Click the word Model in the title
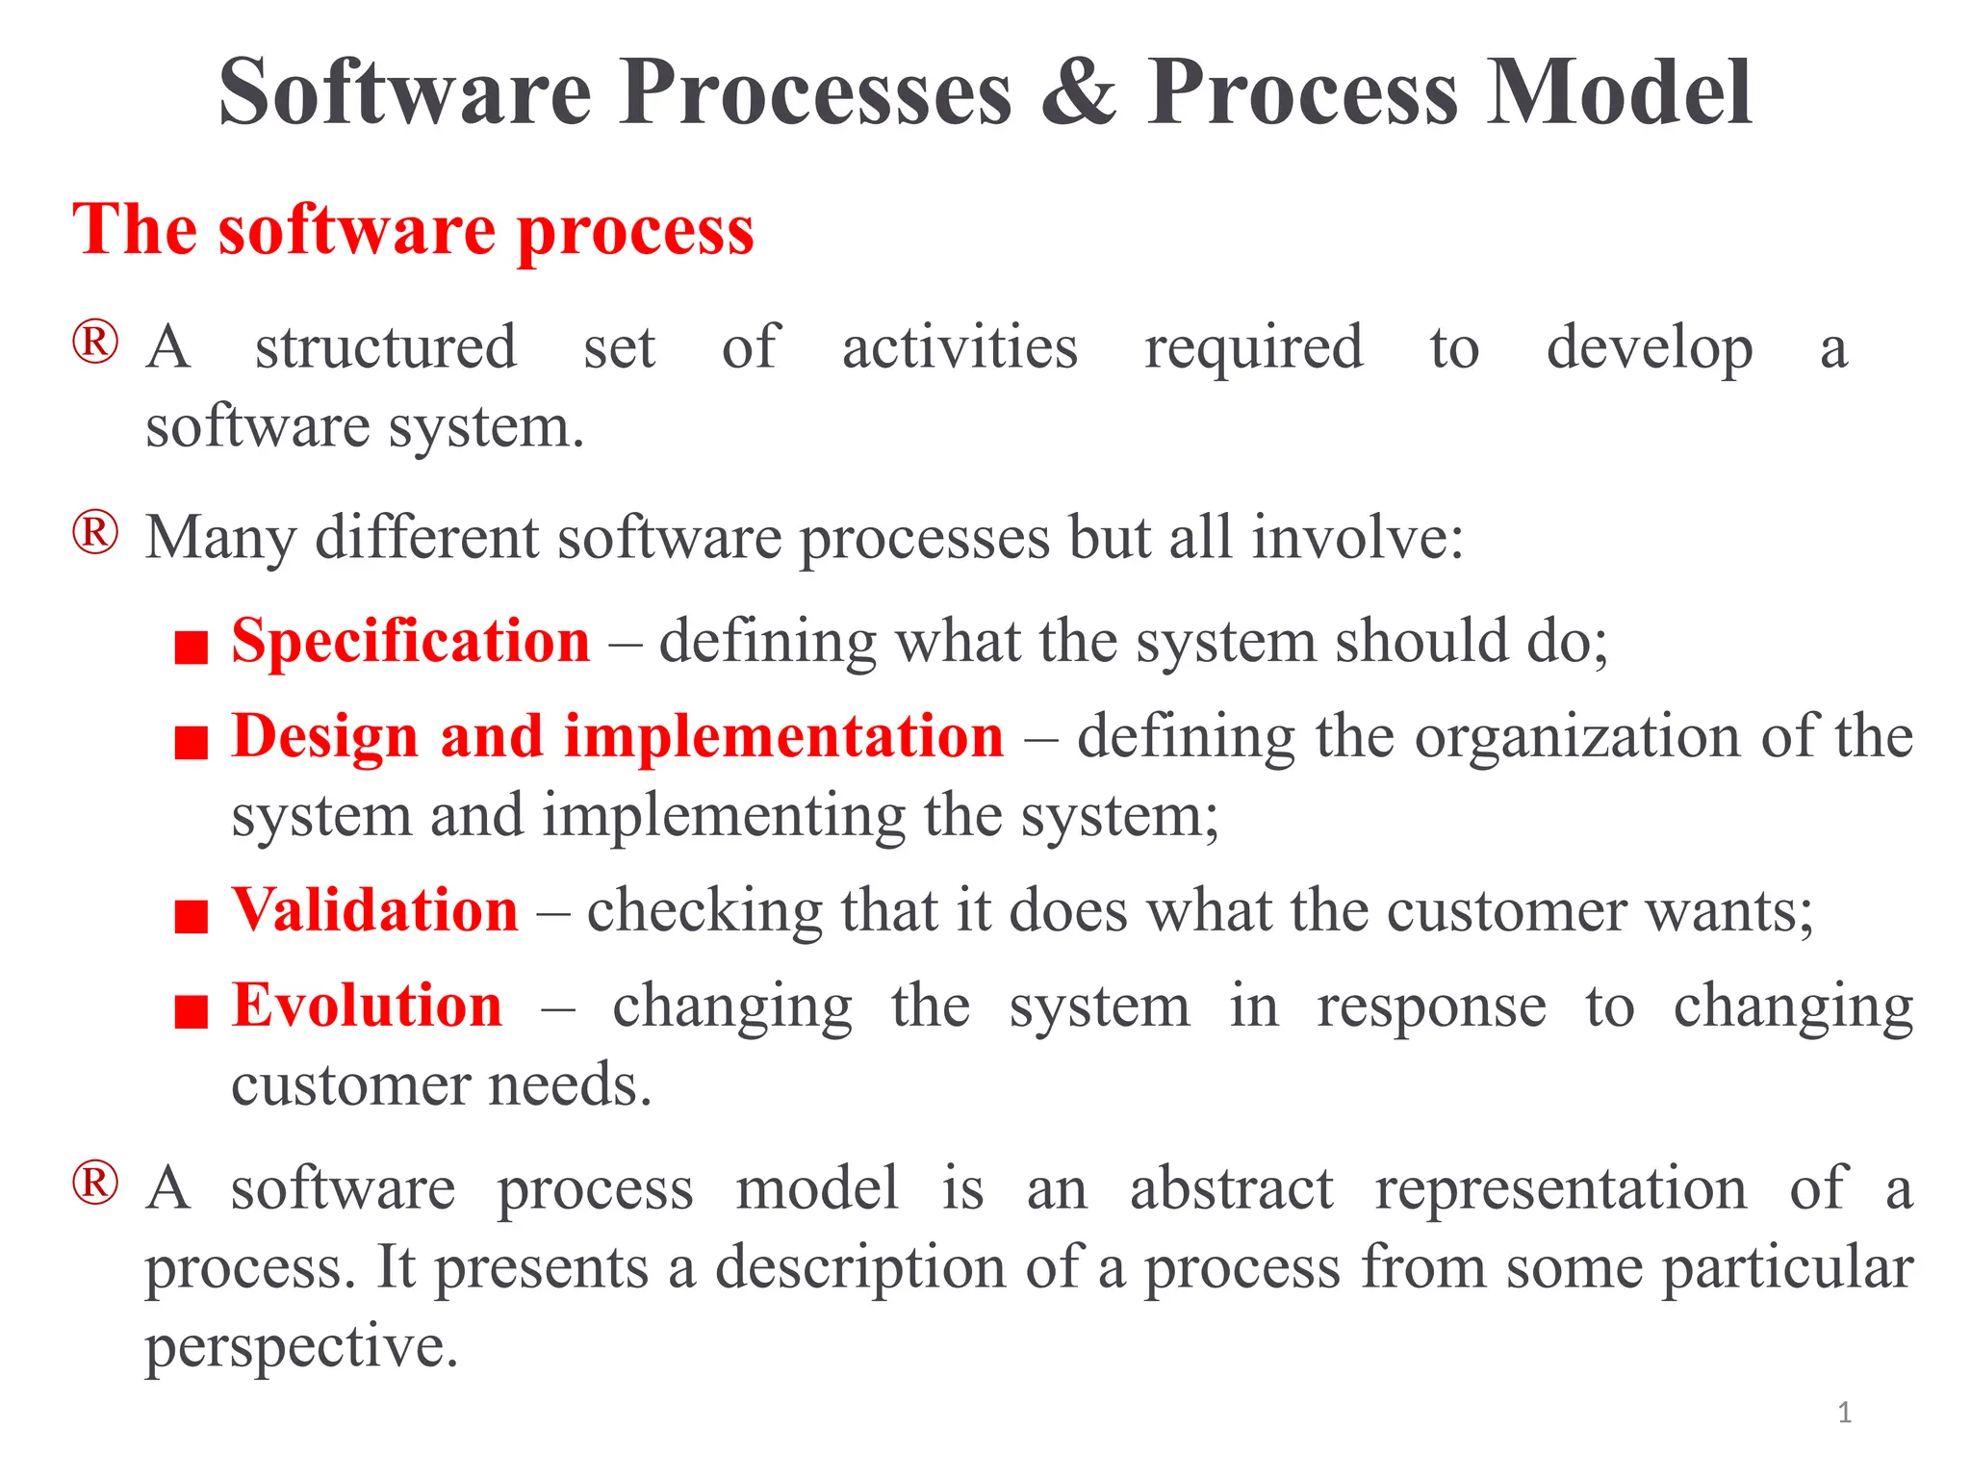[1619, 92]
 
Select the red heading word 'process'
[635, 233]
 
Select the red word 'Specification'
[411, 642]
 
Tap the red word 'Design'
[324, 737]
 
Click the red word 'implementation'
[783, 737]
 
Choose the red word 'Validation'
[375, 910]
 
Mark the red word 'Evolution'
[367, 1007]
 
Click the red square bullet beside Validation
[192, 916]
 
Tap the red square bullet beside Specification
[192, 648]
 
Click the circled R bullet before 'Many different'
[95, 532]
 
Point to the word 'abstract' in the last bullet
[1231, 1188]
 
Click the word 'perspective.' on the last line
[301, 1347]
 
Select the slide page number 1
[1844, 1413]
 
